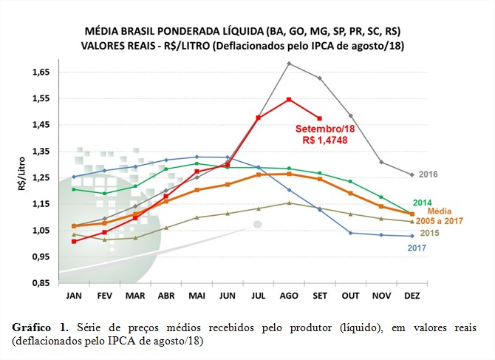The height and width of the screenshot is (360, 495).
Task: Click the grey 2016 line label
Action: [x=429, y=174]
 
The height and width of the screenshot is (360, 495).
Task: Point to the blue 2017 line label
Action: [x=418, y=247]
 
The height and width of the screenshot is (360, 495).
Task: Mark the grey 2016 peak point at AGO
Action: [x=289, y=64]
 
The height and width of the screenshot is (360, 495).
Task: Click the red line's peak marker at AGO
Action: [x=289, y=99]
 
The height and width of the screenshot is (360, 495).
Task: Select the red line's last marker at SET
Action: [x=320, y=118]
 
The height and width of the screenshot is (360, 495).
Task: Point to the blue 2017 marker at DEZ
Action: [x=412, y=236]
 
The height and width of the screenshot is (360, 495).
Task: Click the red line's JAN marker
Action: [x=73, y=241]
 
